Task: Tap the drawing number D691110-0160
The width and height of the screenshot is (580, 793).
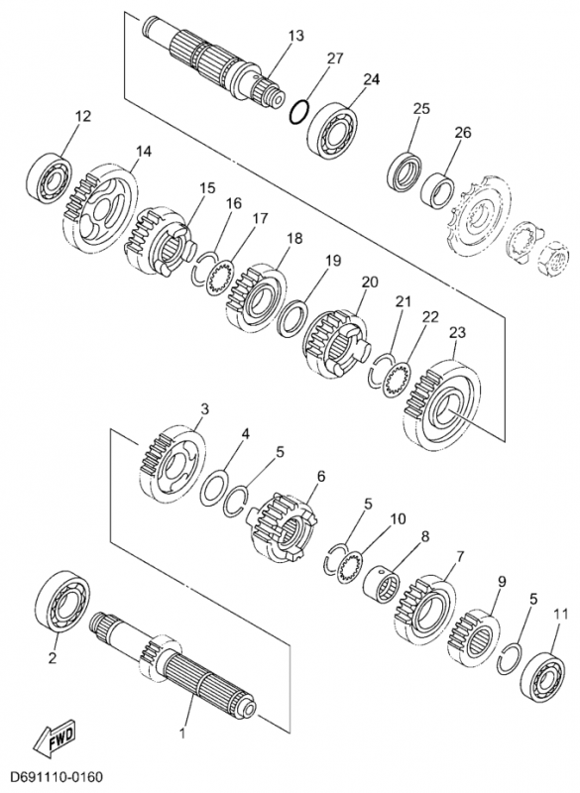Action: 57,776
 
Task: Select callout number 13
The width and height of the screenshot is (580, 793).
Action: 296,36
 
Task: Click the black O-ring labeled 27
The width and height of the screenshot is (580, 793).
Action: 299,111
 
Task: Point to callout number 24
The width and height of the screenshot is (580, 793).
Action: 371,79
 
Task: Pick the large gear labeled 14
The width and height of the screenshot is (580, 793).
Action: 101,205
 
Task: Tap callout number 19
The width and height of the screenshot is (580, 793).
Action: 333,261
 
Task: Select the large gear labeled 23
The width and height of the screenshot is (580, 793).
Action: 443,405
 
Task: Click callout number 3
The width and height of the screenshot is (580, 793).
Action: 204,408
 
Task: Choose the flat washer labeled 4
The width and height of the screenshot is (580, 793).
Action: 214,488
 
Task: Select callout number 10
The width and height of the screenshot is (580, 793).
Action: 398,518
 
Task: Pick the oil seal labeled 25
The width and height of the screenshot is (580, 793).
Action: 405,172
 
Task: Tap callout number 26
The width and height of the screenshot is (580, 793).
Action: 463,132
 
